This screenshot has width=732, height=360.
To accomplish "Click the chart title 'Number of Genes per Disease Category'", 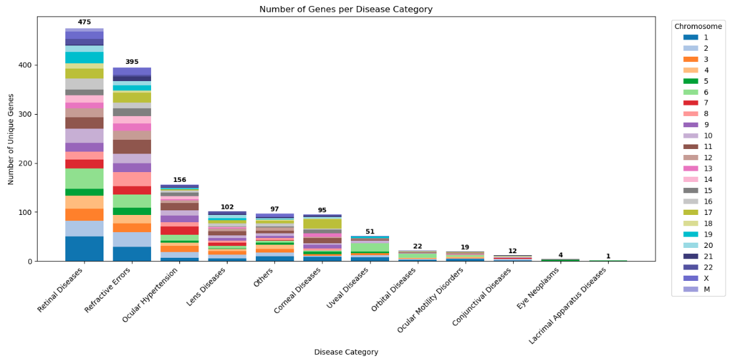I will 346,9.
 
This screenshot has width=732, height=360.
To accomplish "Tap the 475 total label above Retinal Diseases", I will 84,22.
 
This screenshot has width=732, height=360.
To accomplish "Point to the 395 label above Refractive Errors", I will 132,62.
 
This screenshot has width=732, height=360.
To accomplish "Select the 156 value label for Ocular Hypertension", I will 179,180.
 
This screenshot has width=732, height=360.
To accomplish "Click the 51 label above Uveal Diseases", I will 369,231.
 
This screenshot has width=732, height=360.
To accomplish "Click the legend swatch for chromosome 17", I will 690,212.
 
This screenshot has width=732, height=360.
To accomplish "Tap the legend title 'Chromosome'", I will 698,26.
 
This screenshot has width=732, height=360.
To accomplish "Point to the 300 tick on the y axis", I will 24,114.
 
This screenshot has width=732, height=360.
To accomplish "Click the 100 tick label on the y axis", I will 24,212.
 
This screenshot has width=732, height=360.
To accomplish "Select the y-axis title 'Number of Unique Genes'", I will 11,139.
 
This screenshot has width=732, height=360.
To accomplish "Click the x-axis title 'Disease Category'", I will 346,352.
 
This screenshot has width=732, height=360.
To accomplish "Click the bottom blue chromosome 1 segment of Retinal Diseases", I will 84,249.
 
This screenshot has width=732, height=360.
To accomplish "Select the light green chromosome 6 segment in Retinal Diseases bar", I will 84,178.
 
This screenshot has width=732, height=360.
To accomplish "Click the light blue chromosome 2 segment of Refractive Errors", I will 132,239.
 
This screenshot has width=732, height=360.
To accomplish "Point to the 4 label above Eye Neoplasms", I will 560,255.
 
